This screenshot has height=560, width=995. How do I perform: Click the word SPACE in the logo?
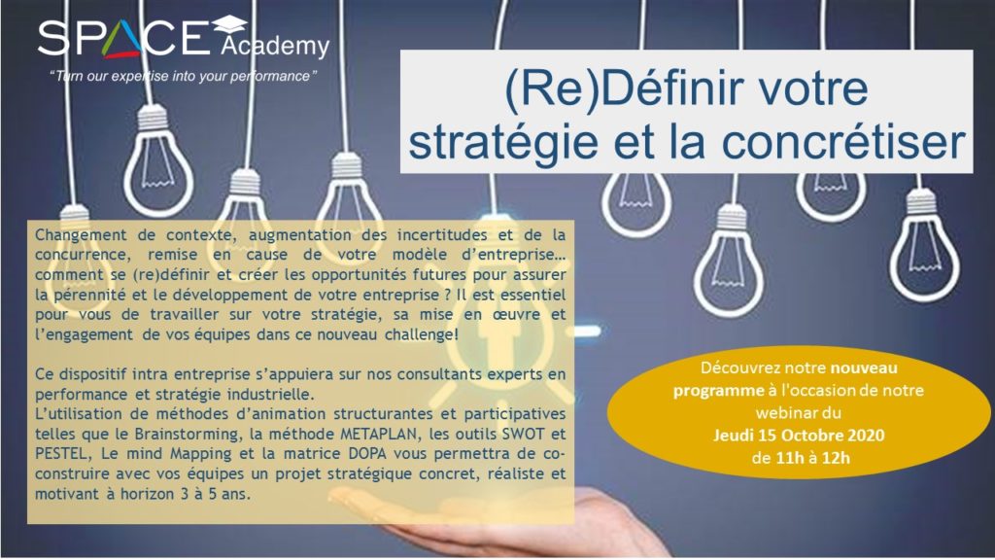(123, 38)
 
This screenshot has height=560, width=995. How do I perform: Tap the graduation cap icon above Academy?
(229, 25)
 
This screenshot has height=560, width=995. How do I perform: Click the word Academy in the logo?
(275, 47)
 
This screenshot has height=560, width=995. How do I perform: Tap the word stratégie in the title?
(502, 143)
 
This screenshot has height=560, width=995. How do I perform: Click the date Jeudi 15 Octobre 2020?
(799, 436)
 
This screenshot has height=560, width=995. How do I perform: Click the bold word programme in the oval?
(718, 391)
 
